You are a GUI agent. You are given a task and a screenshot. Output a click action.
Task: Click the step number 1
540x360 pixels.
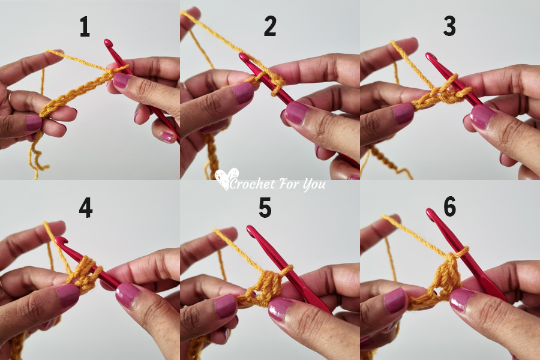[x=85, y=27]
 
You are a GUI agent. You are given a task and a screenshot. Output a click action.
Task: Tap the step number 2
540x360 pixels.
[x=269, y=27]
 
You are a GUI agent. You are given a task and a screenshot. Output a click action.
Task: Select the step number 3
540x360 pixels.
[x=449, y=27]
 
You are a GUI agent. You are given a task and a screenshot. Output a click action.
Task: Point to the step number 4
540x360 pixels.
[x=86, y=208]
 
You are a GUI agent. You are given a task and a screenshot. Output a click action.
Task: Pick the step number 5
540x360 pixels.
[x=265, y=208]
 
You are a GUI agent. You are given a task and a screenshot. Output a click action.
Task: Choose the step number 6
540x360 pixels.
[x=449, y=208]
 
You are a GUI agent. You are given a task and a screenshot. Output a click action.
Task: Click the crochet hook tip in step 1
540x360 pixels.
[x=109, y=44]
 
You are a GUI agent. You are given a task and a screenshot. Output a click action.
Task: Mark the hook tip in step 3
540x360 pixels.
[x=430, y=58]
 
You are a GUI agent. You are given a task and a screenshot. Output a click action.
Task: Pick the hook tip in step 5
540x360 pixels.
[x=251, y=230]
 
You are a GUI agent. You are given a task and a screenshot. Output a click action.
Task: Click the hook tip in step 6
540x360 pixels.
[x=430, y=213]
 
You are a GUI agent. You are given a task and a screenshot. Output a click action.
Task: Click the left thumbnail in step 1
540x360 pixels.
[x=34, y=123]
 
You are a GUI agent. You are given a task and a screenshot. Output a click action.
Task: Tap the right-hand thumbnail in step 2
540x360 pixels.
[x=296, y=112]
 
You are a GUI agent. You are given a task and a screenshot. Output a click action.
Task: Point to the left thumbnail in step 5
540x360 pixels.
[x=226, y=305]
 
